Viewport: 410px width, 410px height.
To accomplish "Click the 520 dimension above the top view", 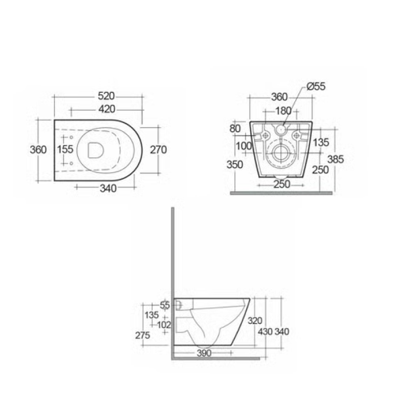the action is pos(106,96).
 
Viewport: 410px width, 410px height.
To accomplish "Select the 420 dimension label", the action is pos(107,109).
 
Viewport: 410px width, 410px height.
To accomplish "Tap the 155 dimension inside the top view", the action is pos(66,149).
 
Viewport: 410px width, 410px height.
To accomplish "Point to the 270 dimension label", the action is pos(158,150).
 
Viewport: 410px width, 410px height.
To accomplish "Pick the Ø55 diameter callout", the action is pos(316,86).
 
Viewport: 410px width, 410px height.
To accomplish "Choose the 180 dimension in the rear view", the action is pos(283,111).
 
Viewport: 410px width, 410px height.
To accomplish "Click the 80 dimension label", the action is pos(235,129).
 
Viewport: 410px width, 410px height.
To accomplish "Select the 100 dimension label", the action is pos(244,146).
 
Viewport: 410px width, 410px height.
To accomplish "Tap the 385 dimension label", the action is pos(336,159).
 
